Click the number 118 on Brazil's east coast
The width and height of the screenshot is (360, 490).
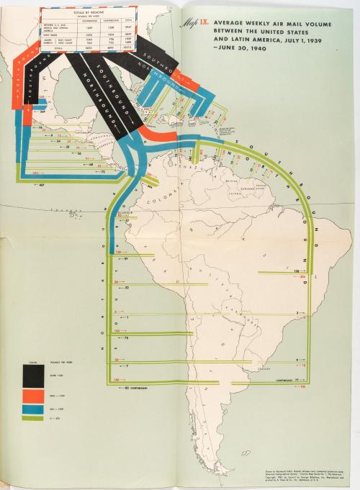[296, 271]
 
